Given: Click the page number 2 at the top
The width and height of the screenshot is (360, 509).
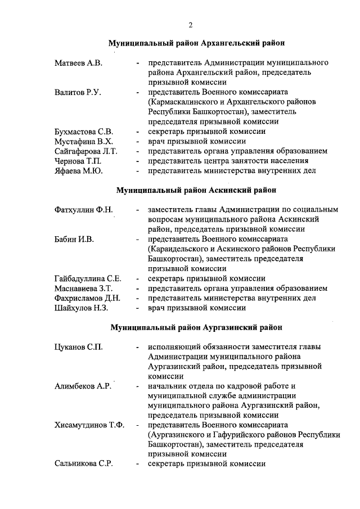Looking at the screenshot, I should click(x=191, y=25).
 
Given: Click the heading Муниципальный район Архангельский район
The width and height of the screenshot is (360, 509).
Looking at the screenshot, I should click(x=196, y=43).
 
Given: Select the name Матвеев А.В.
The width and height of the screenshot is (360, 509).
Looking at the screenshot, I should click(x=78, y=63).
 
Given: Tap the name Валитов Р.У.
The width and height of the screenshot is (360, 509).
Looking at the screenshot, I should click(x=78, y=92).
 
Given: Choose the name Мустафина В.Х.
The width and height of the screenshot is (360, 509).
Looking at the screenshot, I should click(x=83, y=141).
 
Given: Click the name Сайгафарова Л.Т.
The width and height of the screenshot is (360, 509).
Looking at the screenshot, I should click(x=85, y=151).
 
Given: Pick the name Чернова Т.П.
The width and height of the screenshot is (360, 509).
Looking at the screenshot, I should click(x=78, y=161).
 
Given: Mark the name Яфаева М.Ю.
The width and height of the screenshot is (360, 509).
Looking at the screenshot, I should click(x=78, y=170).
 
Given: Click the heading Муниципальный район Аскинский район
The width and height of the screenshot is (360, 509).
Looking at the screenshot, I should click(x=196, y=190).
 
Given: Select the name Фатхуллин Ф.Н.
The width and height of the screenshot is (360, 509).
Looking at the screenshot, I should click(x=84, y=210).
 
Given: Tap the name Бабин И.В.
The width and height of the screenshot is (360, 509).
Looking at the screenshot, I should click(x=74, y=239).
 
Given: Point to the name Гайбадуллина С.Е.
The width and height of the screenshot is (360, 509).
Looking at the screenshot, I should click(x=88, y=278).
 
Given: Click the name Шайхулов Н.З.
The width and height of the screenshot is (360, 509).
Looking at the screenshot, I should click(x=81, y=308).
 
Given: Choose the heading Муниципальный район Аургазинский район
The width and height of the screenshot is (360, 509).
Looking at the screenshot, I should click(x=196, y=327).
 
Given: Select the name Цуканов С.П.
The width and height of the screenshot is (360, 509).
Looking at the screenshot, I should click(x=78, y=346).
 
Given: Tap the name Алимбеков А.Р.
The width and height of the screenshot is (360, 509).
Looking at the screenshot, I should click(x=82, y=386).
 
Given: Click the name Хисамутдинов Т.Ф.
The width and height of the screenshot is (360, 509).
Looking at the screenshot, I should click(x=89, y=425).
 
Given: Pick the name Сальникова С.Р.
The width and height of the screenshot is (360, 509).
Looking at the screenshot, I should click(x=84, y=464).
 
